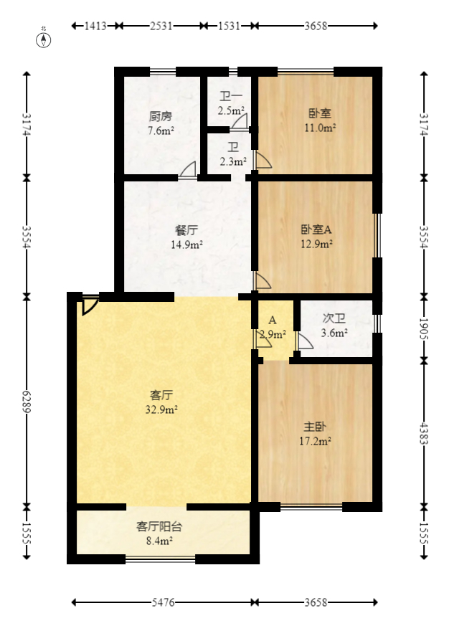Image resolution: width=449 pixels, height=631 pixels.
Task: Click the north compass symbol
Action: tap(44, 39)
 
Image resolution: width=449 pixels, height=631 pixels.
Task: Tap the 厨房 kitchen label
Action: tap(161, 116)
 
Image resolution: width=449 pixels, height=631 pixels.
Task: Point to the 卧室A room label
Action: tap(316, 230)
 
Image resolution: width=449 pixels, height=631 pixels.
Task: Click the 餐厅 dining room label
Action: tap(186, 231)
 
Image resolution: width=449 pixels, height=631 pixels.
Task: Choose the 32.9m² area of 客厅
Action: tap(161, 409)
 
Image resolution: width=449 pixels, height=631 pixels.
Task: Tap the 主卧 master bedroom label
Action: tap(315, 427)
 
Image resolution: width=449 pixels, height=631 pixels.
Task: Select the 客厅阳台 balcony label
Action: tap(159, 526)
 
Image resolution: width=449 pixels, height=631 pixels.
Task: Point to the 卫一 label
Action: tap(231, 98)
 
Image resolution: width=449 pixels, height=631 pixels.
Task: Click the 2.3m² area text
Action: tap(232, 161)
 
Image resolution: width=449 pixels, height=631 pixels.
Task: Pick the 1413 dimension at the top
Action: tap(95, 26)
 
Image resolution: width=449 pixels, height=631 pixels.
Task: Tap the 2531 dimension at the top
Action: tap(161, 26)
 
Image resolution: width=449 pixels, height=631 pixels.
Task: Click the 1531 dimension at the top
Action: tap(229, 26)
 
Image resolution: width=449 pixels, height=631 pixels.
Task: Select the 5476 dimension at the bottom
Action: tap(164, 602)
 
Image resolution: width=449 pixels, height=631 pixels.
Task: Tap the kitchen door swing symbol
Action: tap(188, 169)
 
